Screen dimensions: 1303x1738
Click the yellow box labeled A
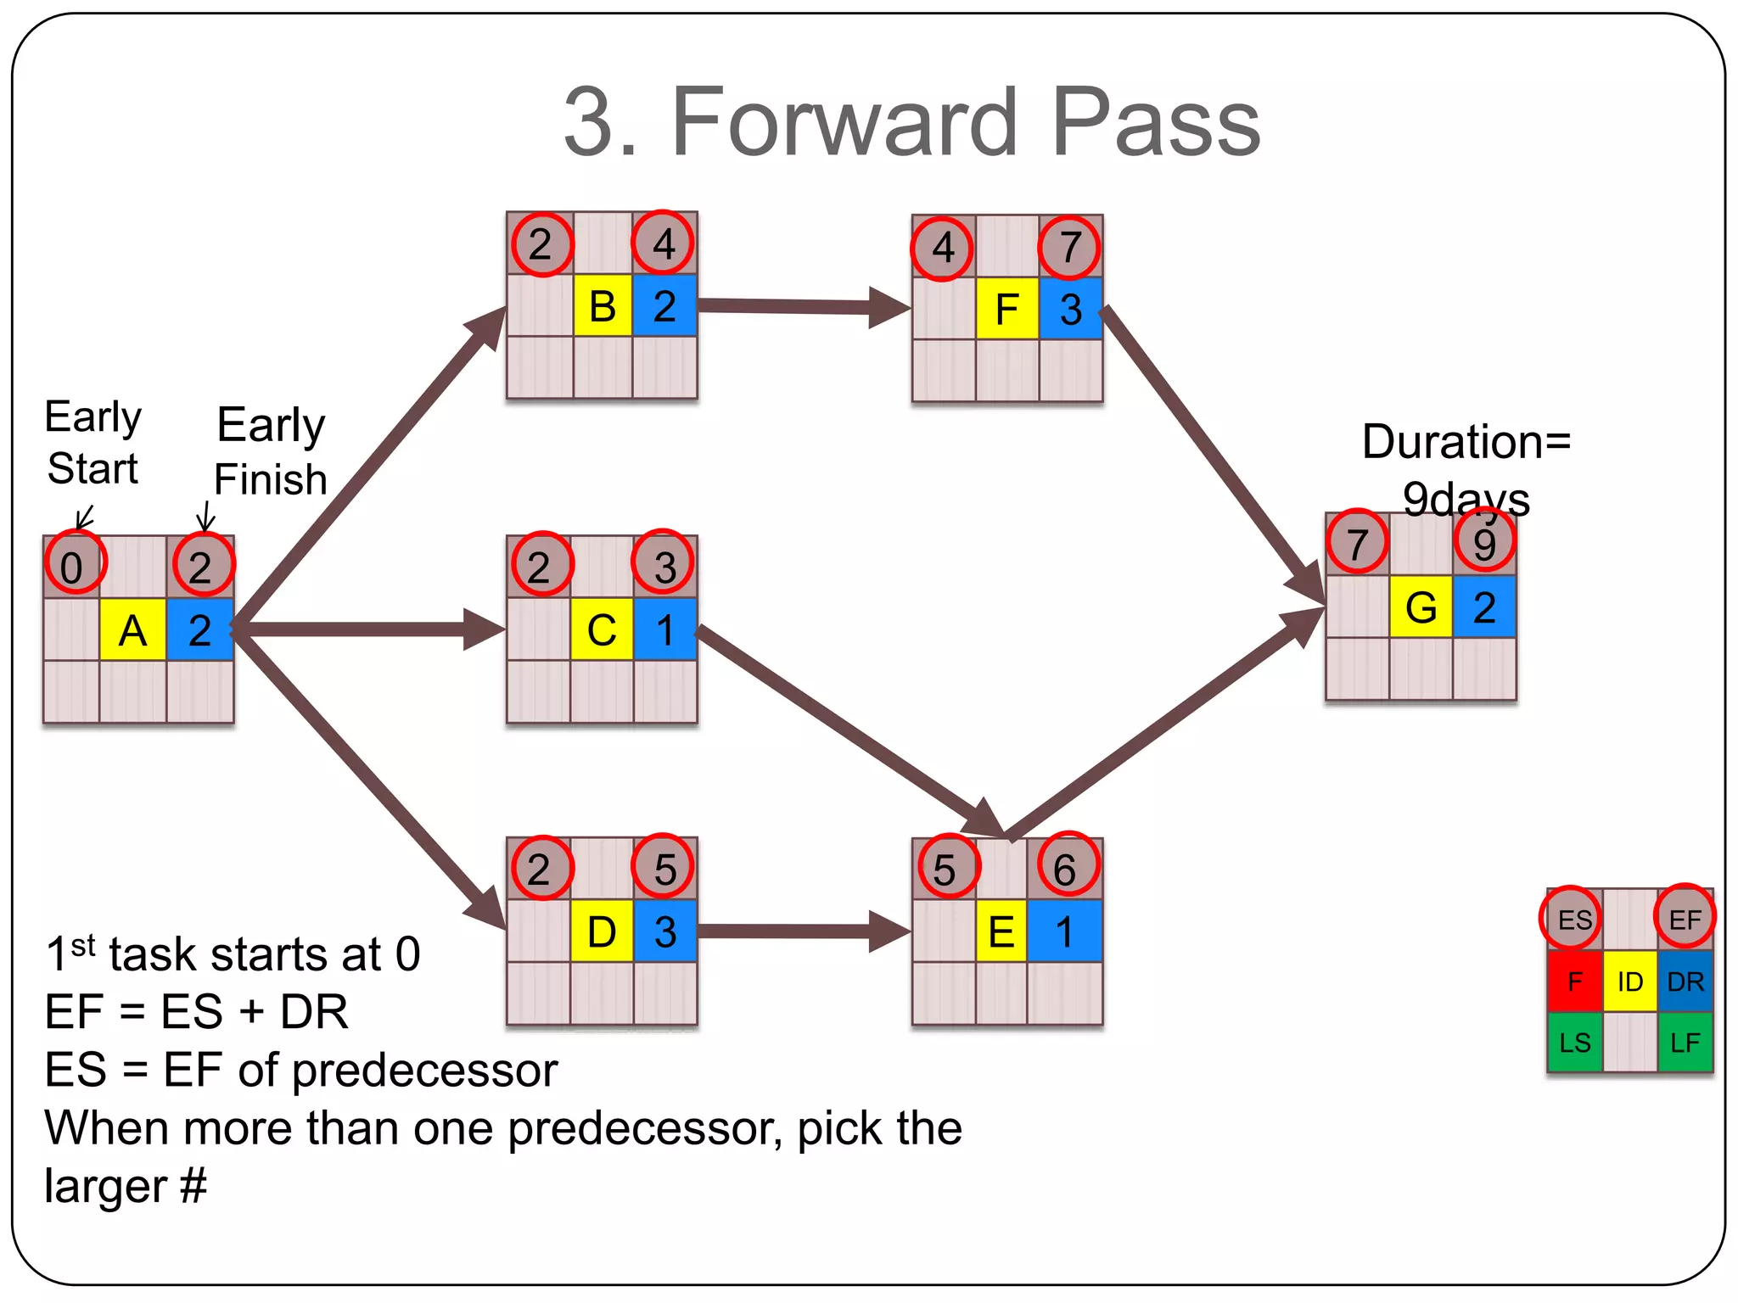tap(132, 630)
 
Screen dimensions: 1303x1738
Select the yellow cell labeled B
tap(603, 306)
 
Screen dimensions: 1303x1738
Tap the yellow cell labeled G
tap(1421, 607)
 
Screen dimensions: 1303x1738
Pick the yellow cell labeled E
tap(1001, 931)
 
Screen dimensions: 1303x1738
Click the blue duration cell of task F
tap(1071, 309)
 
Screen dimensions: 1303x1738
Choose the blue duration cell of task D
tap(665, 931)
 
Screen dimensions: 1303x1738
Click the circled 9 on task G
tap(1484, 542)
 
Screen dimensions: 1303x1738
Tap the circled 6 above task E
tap(1066, 867)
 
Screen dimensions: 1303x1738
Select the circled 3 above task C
tap(664, 565)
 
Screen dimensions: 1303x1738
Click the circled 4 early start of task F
tap(942, 248)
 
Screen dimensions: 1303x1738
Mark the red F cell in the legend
tap(1574, 981)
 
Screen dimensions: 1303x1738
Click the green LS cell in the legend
tap(1574, 1043)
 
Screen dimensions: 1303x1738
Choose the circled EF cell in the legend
tap(1685, 919)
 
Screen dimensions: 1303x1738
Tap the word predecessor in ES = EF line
tap(425, 1071)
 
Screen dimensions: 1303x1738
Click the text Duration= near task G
tap(1466, 442)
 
